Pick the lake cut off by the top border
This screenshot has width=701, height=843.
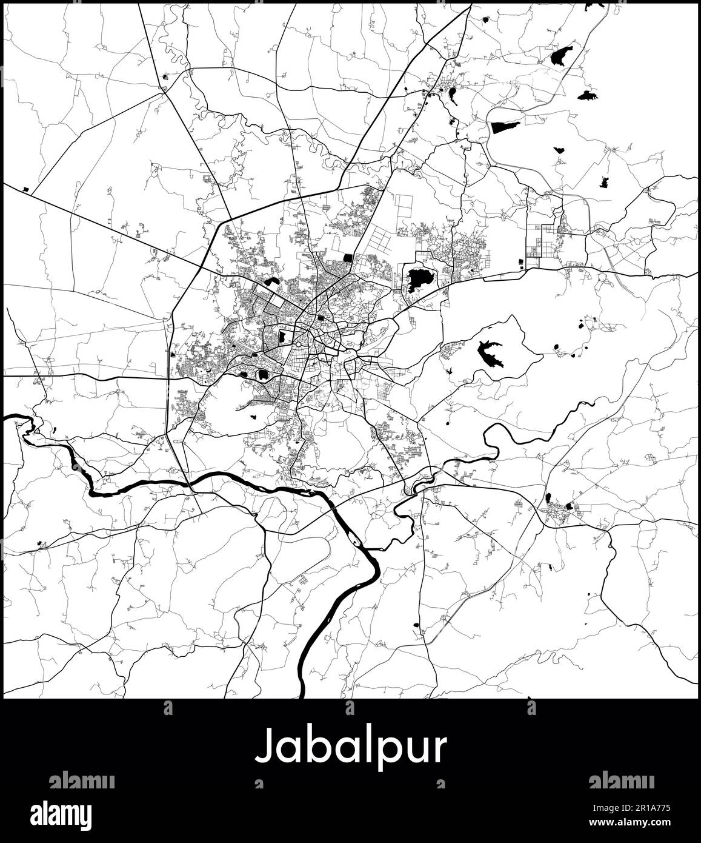point(594,5)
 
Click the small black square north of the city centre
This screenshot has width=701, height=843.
point(347,257)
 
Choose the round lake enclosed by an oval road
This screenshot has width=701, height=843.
point(264,375)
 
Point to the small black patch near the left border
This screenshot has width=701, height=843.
point(26,189)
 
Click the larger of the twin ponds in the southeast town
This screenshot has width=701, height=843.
point(568,505)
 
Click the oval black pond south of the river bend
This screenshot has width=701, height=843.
point(416,625)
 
